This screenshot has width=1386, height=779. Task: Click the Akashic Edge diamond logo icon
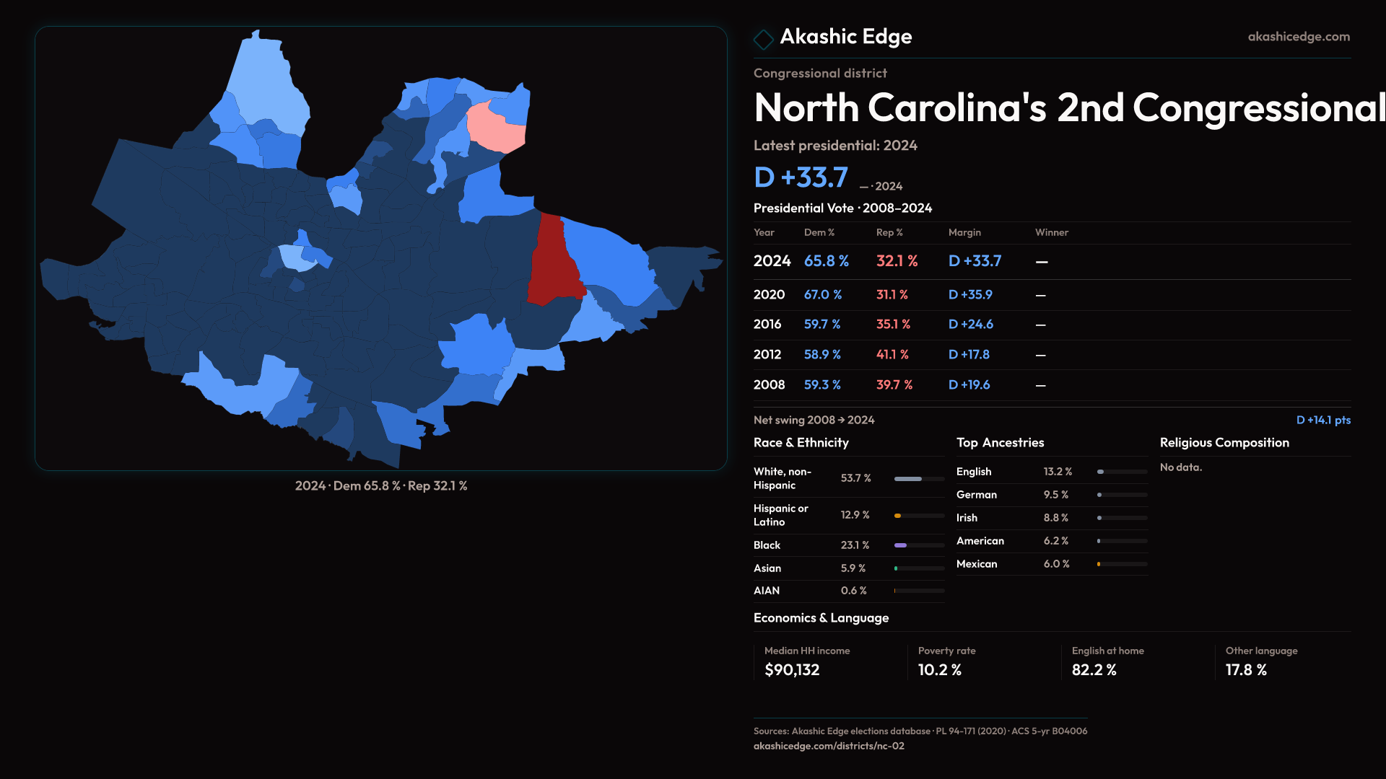tap(763, 38)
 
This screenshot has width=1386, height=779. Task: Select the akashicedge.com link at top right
tap(1298, 37)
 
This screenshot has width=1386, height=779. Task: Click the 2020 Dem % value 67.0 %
tap(823, 295)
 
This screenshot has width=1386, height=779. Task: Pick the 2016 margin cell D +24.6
tap(970, 325)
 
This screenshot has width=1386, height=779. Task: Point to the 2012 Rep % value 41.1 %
tap(892, 355)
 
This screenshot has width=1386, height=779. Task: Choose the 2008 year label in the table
tap(769, 385)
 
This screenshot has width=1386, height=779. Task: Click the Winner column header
tap(1051, 232)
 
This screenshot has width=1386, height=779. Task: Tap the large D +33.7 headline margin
tap(801, 177)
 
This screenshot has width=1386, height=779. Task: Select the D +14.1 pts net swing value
tap(1322, 420)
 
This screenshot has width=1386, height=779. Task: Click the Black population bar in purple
tap(901, 545)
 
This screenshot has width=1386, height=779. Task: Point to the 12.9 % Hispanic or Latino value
tap(855, 515)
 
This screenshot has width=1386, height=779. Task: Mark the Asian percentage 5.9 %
tap(853, 568)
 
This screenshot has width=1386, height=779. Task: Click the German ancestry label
tap(976, 495)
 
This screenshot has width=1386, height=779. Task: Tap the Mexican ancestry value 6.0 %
tap(1056, 564)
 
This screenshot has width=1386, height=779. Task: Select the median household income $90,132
tap(792, 670)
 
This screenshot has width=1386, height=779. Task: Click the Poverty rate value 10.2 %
tap(939, 670)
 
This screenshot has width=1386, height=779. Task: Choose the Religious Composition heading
tap(1224, 443)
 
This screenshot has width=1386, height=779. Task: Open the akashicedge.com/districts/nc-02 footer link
tap(829, 746)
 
